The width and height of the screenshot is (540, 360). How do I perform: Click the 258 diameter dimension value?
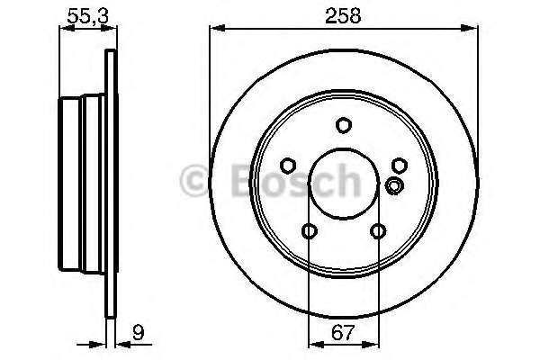(x=343, y=16)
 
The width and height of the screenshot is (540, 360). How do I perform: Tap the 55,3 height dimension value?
(x=88, y=16)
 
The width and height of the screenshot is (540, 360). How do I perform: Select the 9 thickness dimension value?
(x=139, y=332)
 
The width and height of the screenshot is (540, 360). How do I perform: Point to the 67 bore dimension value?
(x=343, y=332)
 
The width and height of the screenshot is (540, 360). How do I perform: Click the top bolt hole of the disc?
(x=344, y=125)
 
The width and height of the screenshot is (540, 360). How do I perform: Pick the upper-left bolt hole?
(x=288, y=166)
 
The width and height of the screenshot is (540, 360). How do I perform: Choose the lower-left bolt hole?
(x=310, y=231)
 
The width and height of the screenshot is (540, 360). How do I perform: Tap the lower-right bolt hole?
(x=378, y=231)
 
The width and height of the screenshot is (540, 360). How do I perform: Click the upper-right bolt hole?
(x=400, y=166)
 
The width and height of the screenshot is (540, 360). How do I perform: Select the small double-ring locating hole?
(x=394, y=185)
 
